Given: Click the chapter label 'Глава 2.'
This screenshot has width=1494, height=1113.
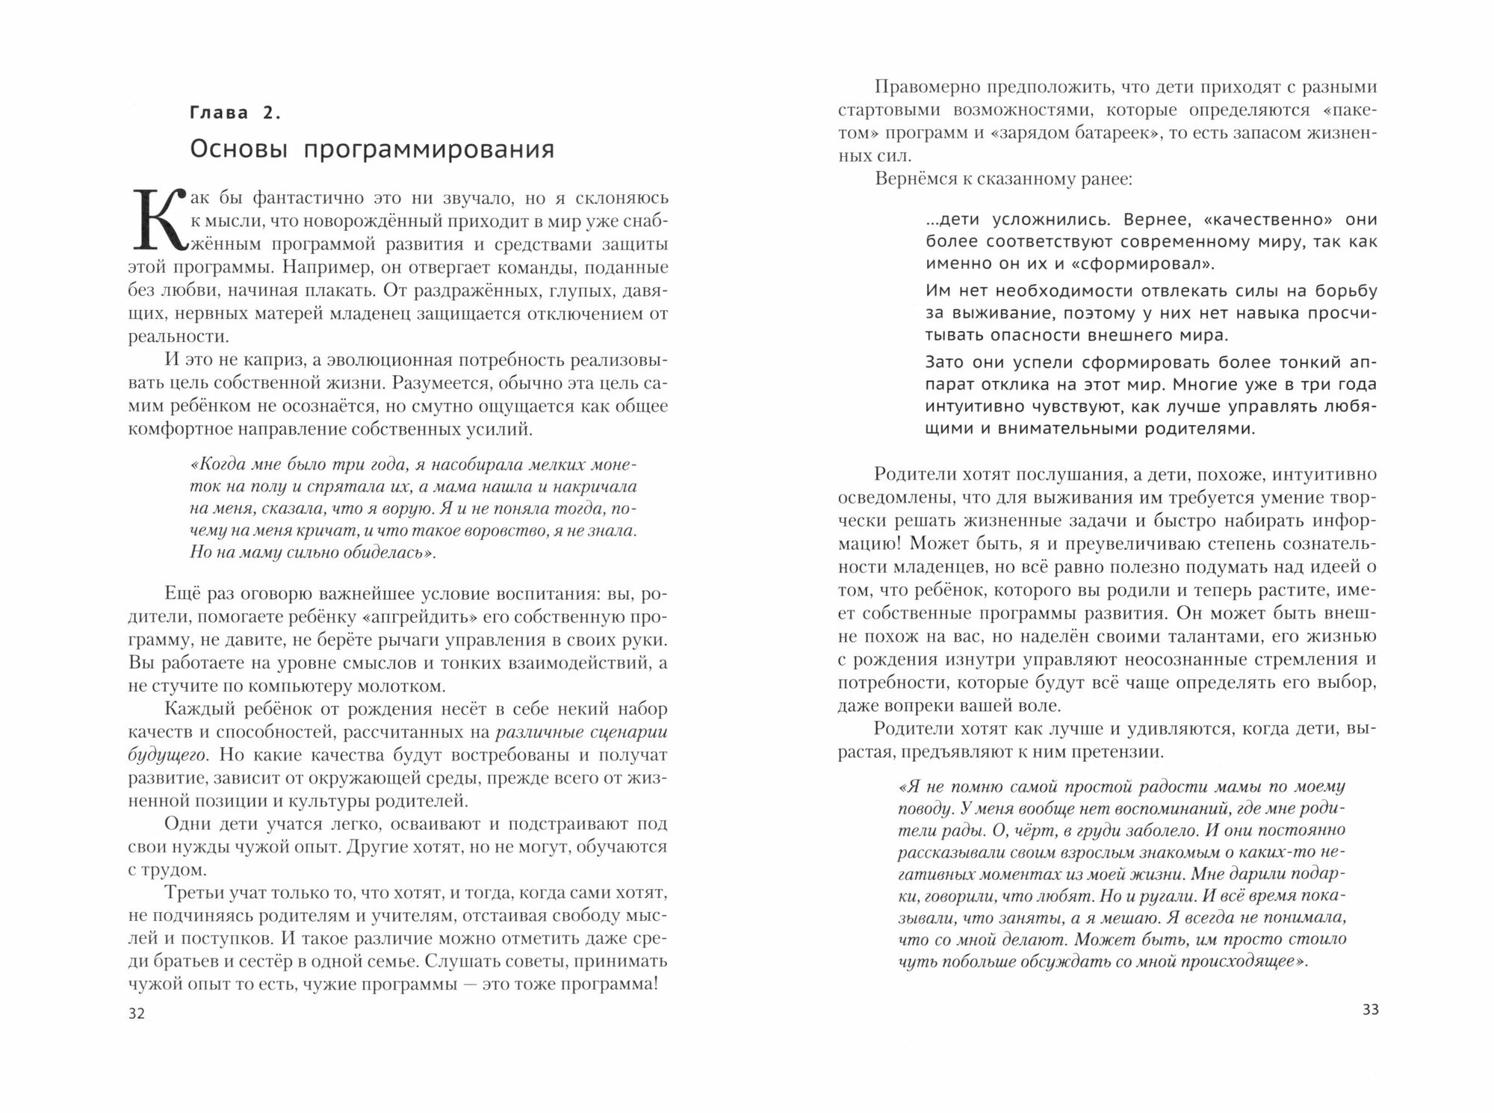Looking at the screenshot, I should [235, 114].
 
